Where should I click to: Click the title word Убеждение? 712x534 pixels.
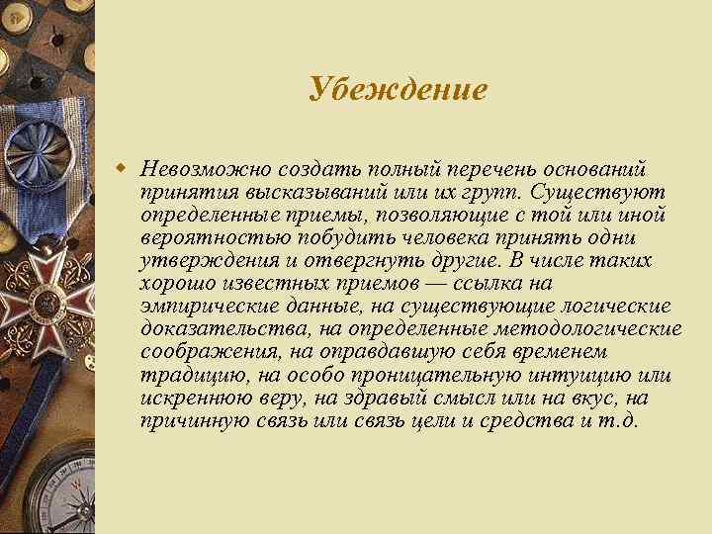tap(398, 90)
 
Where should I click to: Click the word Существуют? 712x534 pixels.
tap(600, 188)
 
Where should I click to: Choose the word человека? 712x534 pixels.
tap(431, 236)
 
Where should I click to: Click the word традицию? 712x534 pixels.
tap(186, 377)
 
